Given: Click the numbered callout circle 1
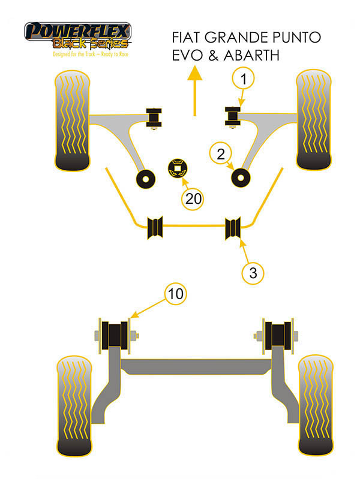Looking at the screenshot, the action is pyautogui.click(x=243, y=79).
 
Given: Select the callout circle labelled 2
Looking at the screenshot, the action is pyautogui.click(x=221, y=153).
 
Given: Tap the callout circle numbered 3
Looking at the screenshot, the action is pyautogui.click(x=253, y=273).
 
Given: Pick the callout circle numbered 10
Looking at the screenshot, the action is pyautogui.click(x=176, y=294).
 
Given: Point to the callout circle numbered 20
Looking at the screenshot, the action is pyautogui.click(x=193, y=199).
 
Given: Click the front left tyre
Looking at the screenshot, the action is pyautogui.click(x=72, y=120).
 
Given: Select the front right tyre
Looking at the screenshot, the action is pyautogui.click(x=314, y=119).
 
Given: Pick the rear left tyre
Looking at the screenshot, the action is pyautogui.click(x=74, y=406).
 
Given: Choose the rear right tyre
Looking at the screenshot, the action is pyautogui.click(x=316, y=405).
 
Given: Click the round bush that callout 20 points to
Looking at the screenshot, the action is pyautogui.click(x=178, y=168).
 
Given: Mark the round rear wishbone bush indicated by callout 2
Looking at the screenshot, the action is pyautogui.click(x=241, y=178).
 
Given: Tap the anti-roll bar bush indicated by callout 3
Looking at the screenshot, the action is pyautogui.click(x=233, y=228).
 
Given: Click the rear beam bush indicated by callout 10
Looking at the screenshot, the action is pyautogui.click(x=115, y=335).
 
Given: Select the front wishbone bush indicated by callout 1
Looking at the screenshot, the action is pyautogui.click(x=233, y=116).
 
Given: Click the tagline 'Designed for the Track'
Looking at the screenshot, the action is pyautogui.click(x=74, y=55).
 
